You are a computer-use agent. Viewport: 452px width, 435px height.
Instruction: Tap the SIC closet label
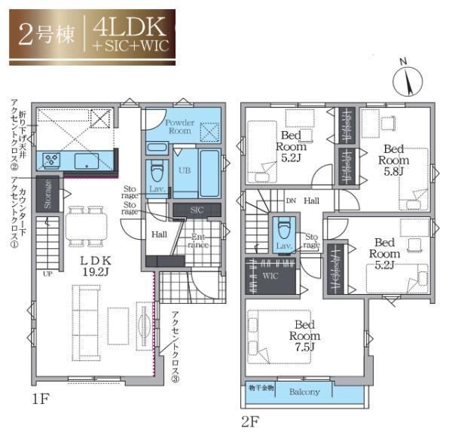coord(195,210)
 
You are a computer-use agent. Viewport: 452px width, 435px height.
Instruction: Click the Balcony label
coord(304,391)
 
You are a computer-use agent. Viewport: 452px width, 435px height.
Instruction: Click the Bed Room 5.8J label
coord(393,160)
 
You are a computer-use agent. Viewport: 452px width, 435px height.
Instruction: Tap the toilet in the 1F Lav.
coord(157,170)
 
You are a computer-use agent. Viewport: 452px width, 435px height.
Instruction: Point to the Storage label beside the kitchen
coord(48,194)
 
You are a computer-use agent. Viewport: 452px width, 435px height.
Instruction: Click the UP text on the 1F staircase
coord(48,273)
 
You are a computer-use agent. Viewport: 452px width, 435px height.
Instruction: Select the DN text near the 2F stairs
coord(291,201)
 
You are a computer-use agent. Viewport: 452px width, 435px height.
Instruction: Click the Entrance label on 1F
coord(197,240)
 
